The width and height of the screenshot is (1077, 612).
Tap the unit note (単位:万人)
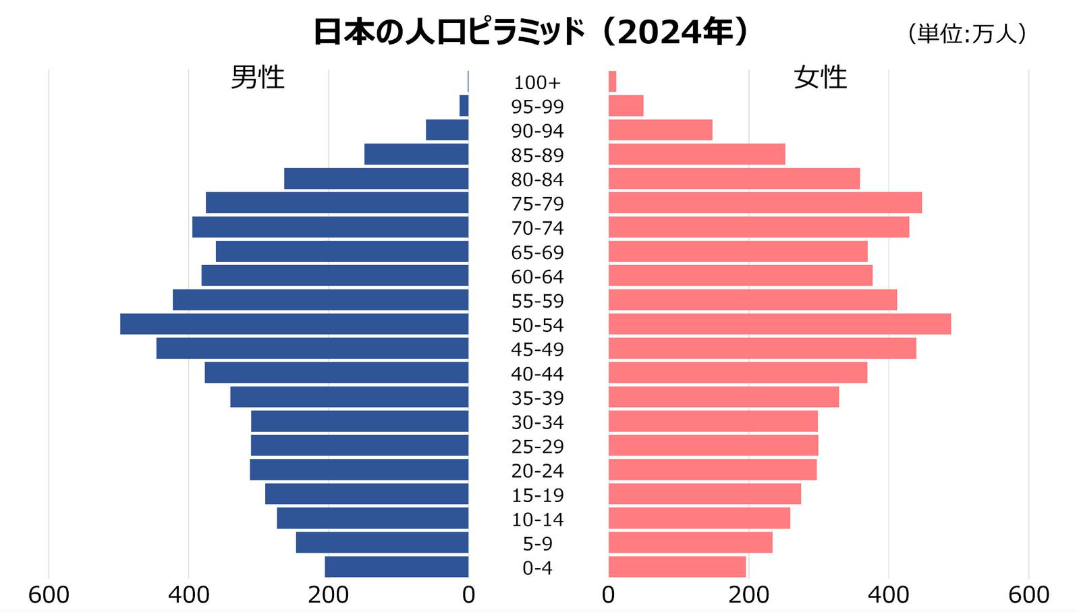point(966,34)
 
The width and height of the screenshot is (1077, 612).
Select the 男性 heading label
point(258,78)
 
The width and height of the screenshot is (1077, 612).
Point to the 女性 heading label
point(820,78)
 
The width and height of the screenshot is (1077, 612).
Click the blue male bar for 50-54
point(294,324)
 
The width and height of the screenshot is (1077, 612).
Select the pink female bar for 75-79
point(765,203)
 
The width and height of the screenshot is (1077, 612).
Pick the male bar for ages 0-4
point(397,567)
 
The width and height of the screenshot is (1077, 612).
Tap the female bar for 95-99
point(626,106)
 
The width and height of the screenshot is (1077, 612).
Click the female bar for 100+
point(612,82)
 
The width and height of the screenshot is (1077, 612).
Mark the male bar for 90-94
point(447,130)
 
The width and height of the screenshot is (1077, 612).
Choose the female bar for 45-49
point(762,348)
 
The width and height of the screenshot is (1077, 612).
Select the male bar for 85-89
point(416,155)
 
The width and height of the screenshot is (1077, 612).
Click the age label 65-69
point(537,252)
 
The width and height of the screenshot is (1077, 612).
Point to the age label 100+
point(537,82)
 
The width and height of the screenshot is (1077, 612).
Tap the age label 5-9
point(537,544)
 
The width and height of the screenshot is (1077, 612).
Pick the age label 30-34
point(537,422)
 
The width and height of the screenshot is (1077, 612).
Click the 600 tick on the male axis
point(49,595)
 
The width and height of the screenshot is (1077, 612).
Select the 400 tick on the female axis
point(888,595)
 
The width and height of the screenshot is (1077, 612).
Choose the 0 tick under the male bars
point(468,595)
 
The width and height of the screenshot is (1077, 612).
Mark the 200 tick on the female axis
point(748,595)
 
